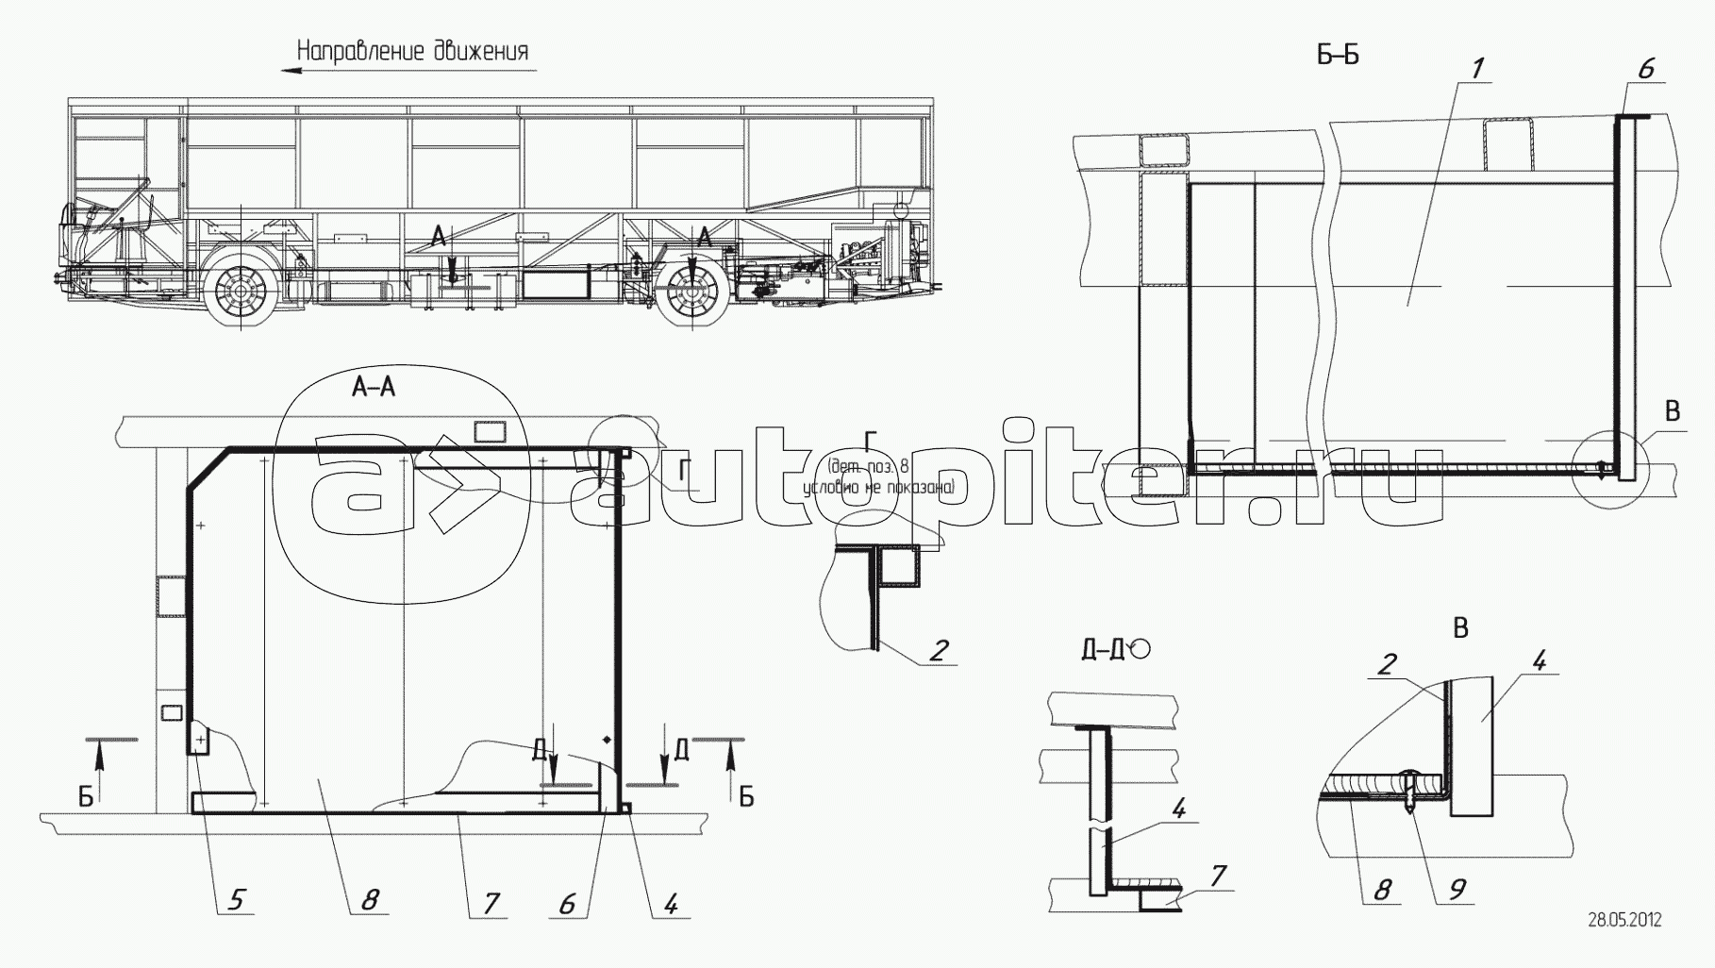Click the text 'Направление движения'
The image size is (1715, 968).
click(x=412, y=51)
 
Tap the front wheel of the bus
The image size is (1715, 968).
click(x=241, y=294)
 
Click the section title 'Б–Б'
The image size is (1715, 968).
click(x=1338, y=56)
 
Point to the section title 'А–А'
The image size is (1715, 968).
click(x=374, y=387)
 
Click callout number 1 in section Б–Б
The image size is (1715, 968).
click(x=1477, y=67)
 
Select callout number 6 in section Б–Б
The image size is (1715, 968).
click(x=1646, y=68)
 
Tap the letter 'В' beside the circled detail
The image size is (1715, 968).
click(x=1672, y=411)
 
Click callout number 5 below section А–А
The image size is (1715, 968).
click(x=234, y=900)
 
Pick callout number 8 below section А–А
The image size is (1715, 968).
click(x=369, y=900)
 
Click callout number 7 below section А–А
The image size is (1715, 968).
click(x=490, y=902)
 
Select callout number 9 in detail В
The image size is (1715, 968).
click(x=1457, y=888)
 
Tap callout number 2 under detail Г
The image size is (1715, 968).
click(x=938, y=649)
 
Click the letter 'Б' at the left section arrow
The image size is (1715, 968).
click(x=86, y=797)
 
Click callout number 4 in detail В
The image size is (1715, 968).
click(x=1538, y=661)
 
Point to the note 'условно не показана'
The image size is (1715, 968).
click(x=877, y=489)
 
